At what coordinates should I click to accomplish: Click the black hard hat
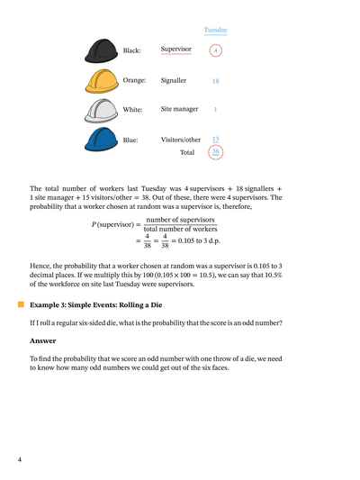(x=101, y=50)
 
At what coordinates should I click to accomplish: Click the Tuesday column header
(x=215, y=30)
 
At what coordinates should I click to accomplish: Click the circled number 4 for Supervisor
(x=215, y=50)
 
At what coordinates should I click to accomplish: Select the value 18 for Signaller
(x=215, y=81)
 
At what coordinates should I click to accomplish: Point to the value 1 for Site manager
(x=215, y=110)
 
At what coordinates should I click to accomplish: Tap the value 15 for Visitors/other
(x=215, y=140)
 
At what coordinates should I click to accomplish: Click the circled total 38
(x=215, y=153)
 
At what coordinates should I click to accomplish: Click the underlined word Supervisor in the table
(x=176, y=50)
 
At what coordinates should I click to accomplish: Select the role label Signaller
(x=174, y=80)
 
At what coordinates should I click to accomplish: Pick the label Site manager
(x=179, y=109)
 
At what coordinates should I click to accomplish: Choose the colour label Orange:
(x=134, y=80)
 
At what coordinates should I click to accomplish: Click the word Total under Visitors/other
(x=186, y=153)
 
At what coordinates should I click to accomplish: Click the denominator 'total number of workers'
(x=179, y=230)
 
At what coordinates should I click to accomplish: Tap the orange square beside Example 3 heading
(x=21, y=306)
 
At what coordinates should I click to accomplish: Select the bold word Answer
(x=43, y=340)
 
